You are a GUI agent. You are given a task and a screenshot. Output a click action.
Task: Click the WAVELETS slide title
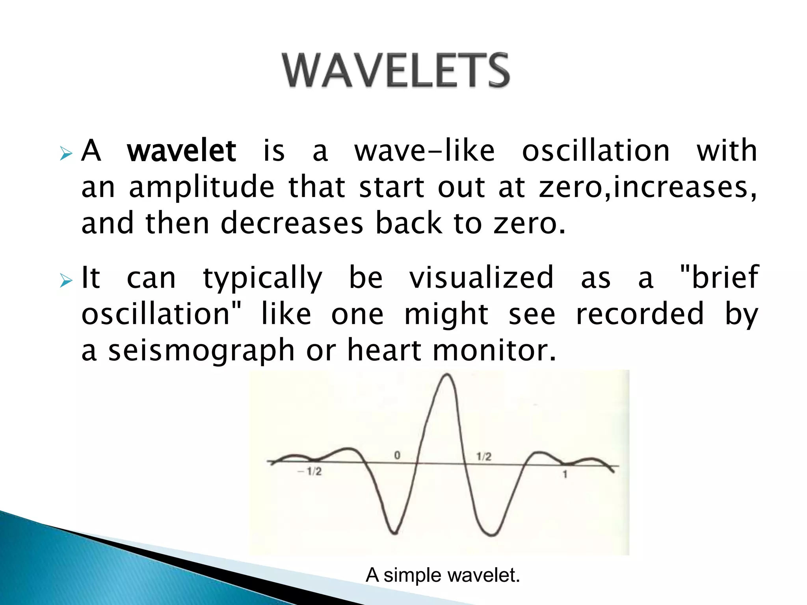pyautogui.click(x=396, y=71)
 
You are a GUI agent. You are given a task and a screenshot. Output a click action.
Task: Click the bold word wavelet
pyautogui.click(x=182, y=151)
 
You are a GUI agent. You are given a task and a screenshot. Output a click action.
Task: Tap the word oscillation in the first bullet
pyautogui.click(x=596, y=151)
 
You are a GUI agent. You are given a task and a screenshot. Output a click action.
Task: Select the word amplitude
pyautogui.click(x=201, y=188)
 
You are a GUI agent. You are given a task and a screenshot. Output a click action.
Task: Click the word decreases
pyautogui.click(x=292, y=223)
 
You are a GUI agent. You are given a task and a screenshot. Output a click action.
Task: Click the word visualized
pyautogui.click(x=481, y=277)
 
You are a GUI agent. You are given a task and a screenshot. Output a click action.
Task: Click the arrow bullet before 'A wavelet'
pyautogui.click(x=66, y=154)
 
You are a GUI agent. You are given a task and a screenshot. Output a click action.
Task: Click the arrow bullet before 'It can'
pyautogui.click(x=66, y=281)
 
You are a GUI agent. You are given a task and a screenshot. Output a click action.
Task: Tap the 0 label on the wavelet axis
pyautogui.click(x=397, y=455)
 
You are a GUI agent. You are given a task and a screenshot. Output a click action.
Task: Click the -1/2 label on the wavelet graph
pyautogui.click(x=310, y=471)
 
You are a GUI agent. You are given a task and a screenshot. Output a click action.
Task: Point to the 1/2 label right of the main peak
pyautogui.click(x=483, y=457)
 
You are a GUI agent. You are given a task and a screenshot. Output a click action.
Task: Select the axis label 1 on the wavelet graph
pyautogui.click(x=565, y=475)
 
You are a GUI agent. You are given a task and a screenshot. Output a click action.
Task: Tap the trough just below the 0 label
pyautogui.click(x=395, y=533)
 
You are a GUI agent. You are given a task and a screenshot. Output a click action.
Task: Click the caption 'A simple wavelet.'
pyautogui.click(x=443, y=575)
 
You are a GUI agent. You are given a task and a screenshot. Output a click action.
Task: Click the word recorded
pyautogui.click(x=640, y=314)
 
